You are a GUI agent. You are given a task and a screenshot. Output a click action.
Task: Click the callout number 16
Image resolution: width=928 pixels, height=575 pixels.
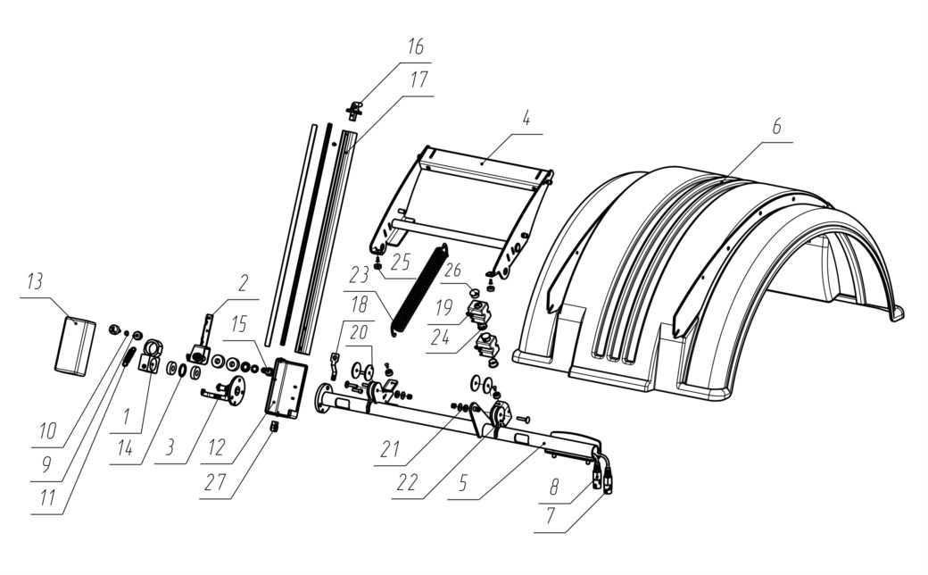pyautogui.click(x=416, y=46)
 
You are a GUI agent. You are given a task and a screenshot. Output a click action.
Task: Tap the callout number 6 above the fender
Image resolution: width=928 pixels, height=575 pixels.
pyautogui.click(x=776, y=126)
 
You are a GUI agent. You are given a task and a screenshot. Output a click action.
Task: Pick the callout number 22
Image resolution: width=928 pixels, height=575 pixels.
pyautogui.click(x=407, y=483)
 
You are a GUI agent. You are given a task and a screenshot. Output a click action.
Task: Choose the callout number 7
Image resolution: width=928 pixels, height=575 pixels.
pyautogui.click(x=550, y=516)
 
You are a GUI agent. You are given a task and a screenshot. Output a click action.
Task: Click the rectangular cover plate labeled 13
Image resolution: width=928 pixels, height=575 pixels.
pyautogui.click(x=76, y=346)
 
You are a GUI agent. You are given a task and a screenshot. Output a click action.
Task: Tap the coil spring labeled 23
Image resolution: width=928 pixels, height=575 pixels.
pyautogui.click(x=419, y=290)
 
